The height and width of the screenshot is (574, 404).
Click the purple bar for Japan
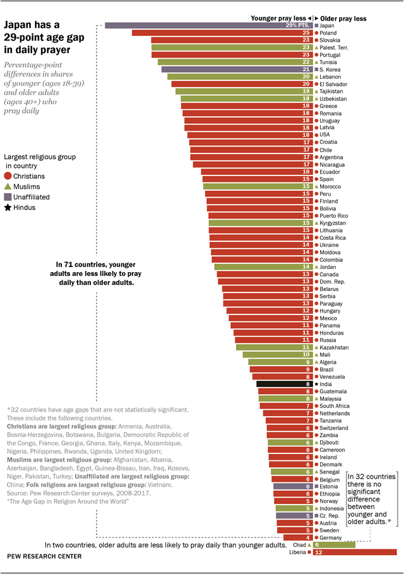click(208, 25)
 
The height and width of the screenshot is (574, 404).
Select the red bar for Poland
click(221, 33)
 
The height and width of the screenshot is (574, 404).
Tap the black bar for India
click(284, 384)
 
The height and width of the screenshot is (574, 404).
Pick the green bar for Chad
click(334, 544)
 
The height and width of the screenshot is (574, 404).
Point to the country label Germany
click(330, 537)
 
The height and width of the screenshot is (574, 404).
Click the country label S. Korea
click(331, 69)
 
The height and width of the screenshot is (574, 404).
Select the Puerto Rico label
click(334, 215)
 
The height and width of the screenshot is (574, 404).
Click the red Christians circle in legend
click(8, 176)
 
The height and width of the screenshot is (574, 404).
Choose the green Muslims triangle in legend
click(8, 187)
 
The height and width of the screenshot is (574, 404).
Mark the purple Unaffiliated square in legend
click(8, 197)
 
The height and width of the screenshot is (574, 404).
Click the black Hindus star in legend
click(8, 207)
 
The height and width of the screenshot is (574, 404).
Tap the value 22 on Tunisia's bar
click(306, 62)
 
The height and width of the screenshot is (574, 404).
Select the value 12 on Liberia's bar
click(319, 552)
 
